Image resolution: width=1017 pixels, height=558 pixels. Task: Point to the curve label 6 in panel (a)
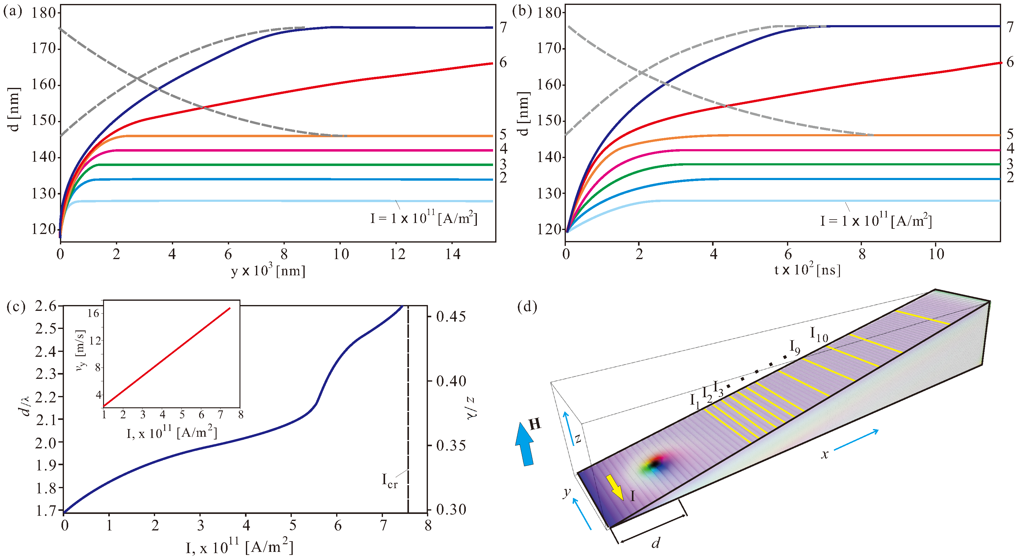click(503, 62)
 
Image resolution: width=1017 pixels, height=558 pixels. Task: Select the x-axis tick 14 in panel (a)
click(453, 254)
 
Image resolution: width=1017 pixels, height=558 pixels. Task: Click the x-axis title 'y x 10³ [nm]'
click(268, 271)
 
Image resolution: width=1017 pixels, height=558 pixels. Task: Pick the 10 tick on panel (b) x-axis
click(936, 254)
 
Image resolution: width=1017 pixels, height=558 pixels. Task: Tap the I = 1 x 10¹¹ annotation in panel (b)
click(876, 221)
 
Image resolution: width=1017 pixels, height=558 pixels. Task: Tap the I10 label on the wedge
click(819, 334)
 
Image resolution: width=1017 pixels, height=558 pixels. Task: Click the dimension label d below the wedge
click(656, 543)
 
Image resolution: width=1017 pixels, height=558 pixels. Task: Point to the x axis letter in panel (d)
click(825, 455)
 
